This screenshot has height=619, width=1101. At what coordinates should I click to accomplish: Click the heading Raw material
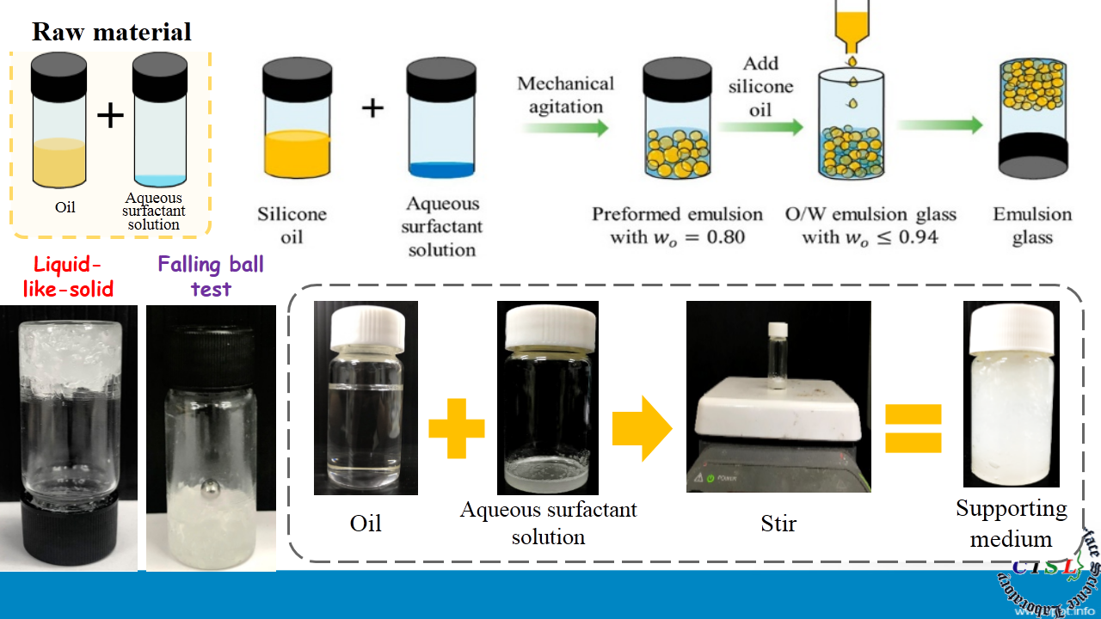click(112, 33)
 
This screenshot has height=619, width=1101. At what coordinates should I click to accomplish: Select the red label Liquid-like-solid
click(68, 276)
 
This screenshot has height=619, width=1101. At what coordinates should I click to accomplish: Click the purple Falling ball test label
click(211, 276)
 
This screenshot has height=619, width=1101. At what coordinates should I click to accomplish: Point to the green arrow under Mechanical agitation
click(563, 127)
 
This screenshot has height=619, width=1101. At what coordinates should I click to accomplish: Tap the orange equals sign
click(913, 427)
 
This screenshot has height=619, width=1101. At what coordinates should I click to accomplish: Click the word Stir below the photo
click(778, 523)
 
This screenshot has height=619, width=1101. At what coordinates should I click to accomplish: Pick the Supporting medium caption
click(1012, 524)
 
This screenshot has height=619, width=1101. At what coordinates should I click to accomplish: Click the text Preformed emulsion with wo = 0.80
click(677, 225)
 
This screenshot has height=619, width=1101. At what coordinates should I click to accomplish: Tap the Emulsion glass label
click(1032, 225)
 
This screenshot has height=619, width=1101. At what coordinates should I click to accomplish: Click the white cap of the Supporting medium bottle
click(1011, 330)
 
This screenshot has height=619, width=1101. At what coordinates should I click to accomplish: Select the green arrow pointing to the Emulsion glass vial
click(939, 126)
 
